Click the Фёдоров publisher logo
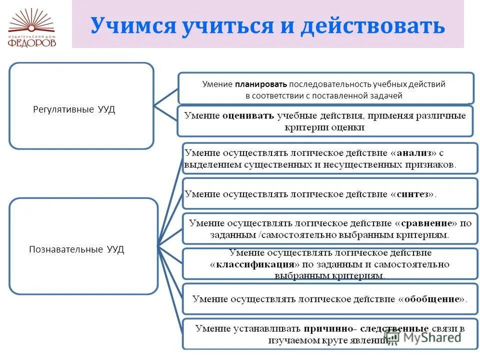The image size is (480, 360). coord(32,28)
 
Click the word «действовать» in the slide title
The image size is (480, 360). coord(372,25)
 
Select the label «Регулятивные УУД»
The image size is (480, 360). coord(74,109)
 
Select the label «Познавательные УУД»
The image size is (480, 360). coord(76,249)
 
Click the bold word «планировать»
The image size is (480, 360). coord(264,84)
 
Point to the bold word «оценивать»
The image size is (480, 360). coord(248,115)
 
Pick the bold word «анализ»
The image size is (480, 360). coord(413,152)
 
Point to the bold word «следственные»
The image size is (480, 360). coord(397,328)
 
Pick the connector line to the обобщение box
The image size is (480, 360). coord(170,273)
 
